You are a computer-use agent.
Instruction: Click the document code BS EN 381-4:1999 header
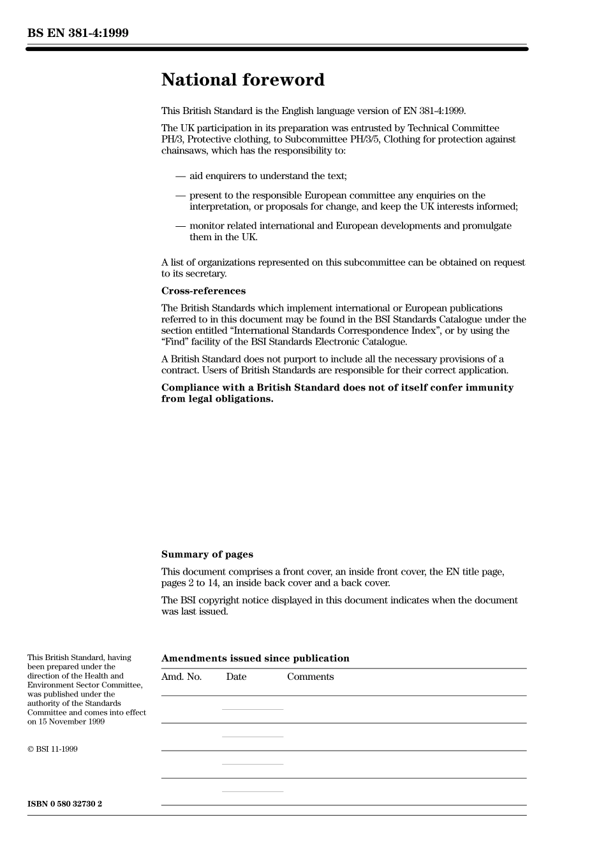click(78, 33)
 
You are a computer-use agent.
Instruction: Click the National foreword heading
click(242, 80)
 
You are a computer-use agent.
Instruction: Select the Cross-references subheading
click(203, 291)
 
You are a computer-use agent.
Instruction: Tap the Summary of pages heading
click(207, 554)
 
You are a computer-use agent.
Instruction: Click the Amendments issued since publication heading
click(255, 659)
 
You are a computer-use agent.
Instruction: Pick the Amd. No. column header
click(181, 677)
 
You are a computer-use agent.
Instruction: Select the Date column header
click(236, 677)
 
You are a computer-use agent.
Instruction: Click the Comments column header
click(310, 677)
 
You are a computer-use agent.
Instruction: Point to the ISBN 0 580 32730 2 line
click(64, 804)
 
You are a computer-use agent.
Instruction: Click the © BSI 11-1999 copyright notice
click(52, 749)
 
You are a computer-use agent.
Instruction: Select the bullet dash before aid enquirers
click(181, 176)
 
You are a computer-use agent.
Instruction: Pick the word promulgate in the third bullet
click(488, 226)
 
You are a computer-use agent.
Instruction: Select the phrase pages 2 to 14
click(189, 583)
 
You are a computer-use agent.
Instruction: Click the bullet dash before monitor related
click(181, 226)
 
